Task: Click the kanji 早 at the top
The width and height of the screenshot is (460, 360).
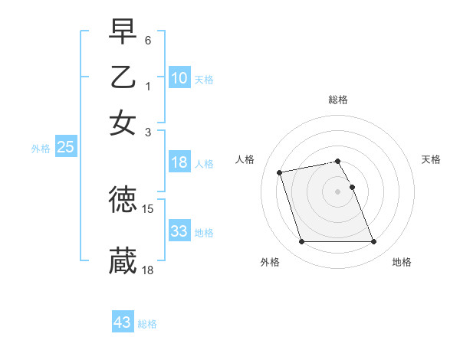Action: click(x=123, y=32)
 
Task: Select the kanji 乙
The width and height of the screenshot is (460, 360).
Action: click(x=123, y=77)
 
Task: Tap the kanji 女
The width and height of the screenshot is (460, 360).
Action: click(x=123, y=123)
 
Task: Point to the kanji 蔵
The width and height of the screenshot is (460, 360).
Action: click(x=123, y=261)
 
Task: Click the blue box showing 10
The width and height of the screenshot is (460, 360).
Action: click(x=179, y=78)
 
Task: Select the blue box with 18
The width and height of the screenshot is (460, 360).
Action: click(x=179, y=162)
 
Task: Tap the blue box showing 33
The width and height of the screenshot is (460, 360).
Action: click(x=179, y=231)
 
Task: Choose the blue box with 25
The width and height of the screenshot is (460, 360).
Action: click(x=65, y=148)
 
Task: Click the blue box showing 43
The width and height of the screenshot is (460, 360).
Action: click(x=123, y=322)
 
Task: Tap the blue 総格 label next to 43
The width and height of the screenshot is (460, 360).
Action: click(x=147, y=324)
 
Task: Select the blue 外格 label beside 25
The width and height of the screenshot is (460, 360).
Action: click(x=41, y=149)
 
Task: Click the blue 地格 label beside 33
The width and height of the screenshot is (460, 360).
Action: click(x=204, y=233)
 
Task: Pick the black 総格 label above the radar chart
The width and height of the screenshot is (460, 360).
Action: click(x=338, y=100)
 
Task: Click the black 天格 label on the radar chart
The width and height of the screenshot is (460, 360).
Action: click(x=432, y=159)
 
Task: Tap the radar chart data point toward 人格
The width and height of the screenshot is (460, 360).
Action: click(x=280, y=172)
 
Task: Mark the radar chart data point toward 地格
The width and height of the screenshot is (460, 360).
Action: click(x=373, y=242)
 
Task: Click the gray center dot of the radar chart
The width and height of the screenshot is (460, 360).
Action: click(x=338, y=191)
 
